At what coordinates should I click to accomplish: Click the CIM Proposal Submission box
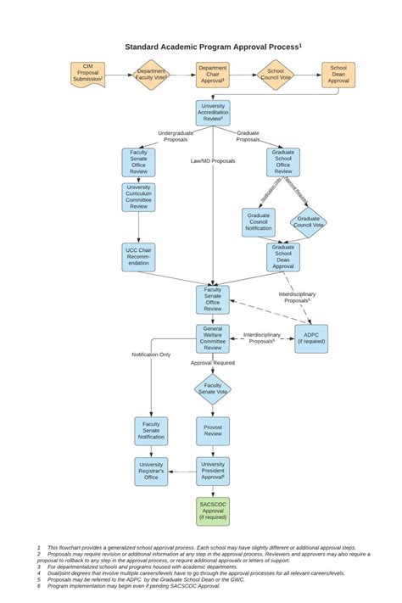tap(87, 75)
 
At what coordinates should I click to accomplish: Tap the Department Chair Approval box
tap(213, 75)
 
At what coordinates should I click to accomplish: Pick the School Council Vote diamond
tap(276, 75)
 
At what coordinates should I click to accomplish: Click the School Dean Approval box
tap(338, 75)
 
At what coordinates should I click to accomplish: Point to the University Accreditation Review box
tap(213, 113)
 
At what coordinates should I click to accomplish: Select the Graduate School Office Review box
tap(283, 162)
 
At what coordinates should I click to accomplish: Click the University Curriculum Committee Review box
tap(138, 197)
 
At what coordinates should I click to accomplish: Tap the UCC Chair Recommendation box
tap(138, 256)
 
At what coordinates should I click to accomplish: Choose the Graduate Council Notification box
tap(258, 222)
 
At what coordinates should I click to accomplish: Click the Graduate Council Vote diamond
tap(308, 222)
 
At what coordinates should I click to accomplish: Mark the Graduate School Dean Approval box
tap(283, 257)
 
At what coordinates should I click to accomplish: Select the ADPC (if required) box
tap(311, 338)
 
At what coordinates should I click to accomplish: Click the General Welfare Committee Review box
tap(213, 338)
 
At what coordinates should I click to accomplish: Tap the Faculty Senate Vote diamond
tap(213, 389)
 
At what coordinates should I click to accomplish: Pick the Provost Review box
tap(213, 431)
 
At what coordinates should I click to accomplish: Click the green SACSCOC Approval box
tap(213, 511)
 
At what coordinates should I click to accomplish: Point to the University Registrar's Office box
tap(151, 471)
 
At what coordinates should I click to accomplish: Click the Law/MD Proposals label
tap(213, 160)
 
